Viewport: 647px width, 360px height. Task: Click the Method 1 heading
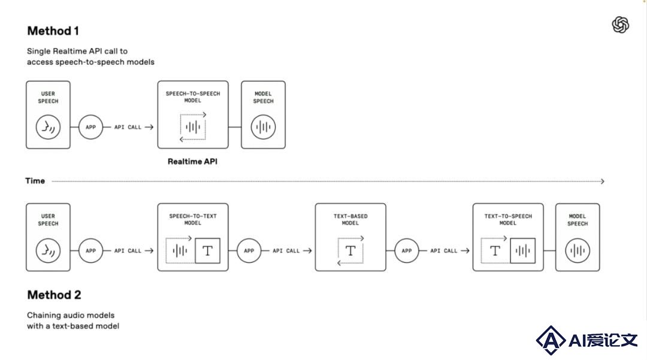click(x=53, y=31)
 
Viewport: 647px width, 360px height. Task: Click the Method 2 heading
click(x=54, y=295)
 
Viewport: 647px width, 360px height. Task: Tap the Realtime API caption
click(x=192, y=162)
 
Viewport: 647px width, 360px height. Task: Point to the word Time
click(x=35, y=181)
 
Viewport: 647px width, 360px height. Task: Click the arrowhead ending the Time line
click(x=603, y=181)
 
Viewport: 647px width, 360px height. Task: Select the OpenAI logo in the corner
click(x=620, y=25)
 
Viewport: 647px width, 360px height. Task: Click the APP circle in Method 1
click(x=90, y=127)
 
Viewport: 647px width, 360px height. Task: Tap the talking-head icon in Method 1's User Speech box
click(x=49, y=127)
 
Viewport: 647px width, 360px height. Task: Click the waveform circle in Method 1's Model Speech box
click(x=263, y=127)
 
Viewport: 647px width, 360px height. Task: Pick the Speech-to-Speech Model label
click(x=193, y=97)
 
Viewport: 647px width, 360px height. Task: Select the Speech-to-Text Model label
click(x=193, y=219)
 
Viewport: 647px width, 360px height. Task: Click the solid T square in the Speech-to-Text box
click(x=207, y=251)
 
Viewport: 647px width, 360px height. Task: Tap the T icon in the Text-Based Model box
click(x=350, y=250)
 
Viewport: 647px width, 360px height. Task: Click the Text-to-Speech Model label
click(x=508, y=219)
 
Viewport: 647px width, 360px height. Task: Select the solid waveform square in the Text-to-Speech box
click(x=523, y=251)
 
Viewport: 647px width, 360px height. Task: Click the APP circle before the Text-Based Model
click(x=249, y=251)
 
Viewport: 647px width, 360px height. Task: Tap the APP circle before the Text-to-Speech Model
click(x=406, y=251)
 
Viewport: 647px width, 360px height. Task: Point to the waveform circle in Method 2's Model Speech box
click(x=578, y=250)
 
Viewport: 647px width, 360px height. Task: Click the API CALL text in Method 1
click(x=128, y=128)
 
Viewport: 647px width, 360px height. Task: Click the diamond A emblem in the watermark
click(x=551, y=340)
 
